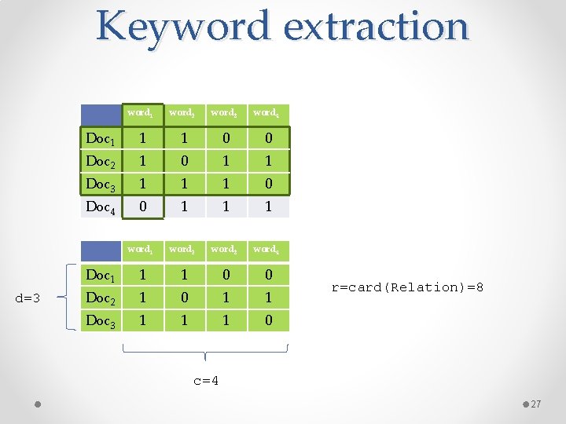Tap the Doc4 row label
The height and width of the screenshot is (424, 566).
[x=101, y=207]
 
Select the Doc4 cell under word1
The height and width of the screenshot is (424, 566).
[x=142, y=207]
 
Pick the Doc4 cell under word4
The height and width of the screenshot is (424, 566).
[x=268, y=207]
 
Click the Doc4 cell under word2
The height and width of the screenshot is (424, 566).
[x=183, y=207]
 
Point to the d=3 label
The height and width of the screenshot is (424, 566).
[x=34, y=298]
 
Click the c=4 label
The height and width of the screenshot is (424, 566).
[x=206, y=381]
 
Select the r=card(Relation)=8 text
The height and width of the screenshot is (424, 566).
[x=407, y=287]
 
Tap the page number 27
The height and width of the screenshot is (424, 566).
[x=536, y=404]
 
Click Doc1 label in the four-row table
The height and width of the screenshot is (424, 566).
[x=101, y=140]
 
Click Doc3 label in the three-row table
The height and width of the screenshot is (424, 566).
[x=101, y=321]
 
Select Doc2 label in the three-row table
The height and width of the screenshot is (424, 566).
[x=101, y=298]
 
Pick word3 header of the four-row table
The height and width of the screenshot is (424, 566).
[x=225, y=113]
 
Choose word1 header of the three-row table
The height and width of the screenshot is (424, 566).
[x=141, y=250]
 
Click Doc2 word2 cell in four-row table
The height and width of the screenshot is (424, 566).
[x=183, y=161]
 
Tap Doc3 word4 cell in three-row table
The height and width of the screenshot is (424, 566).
[x=268, y=320]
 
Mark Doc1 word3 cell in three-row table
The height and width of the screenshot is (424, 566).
[x=226, y=276]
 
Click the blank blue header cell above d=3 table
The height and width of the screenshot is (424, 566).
[x=101, y=250]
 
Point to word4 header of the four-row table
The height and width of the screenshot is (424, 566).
[x=266, y=113]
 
